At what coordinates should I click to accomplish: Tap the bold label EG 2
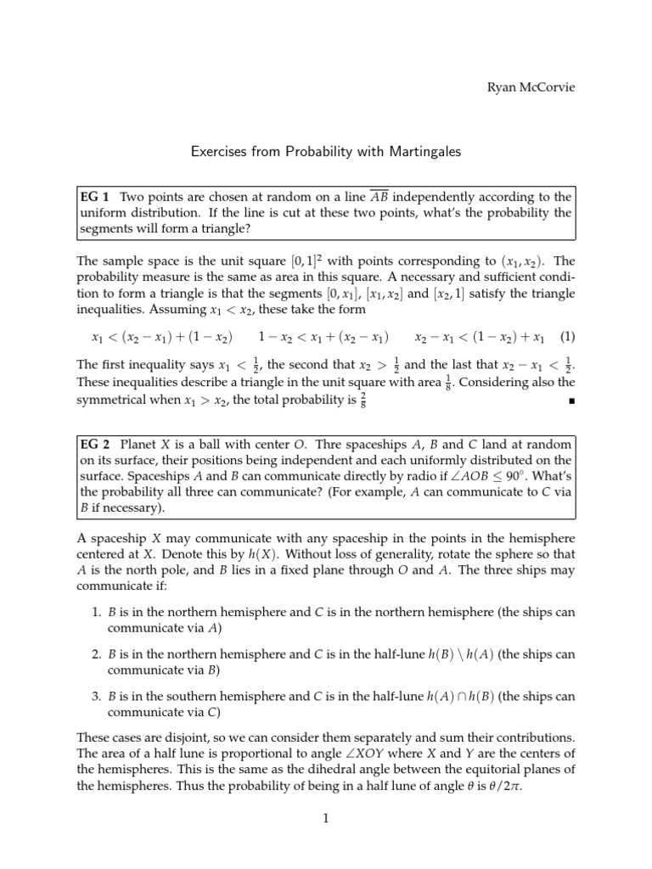(94, 444)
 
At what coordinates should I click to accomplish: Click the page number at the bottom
(326, 818)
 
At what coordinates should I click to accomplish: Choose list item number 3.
(96, 697)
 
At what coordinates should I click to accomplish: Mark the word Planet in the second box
(139, 444)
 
